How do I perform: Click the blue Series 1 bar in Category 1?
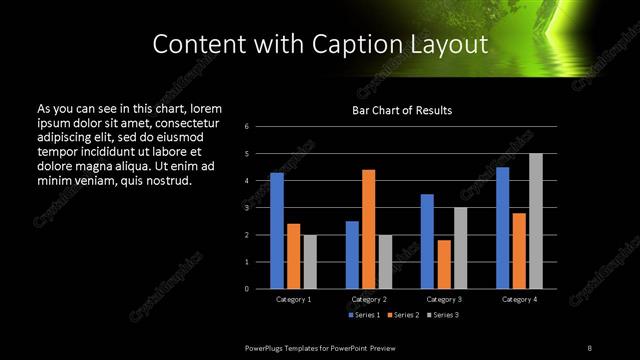tap(277, 231)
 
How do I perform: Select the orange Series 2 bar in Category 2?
tap(368, 229)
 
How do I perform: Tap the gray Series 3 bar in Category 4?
tap(535, 221)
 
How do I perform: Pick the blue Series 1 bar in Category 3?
tap(427, 241)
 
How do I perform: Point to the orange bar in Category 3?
tap(443, 264)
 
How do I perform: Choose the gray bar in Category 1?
tap(309, 261)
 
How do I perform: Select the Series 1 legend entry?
tap(364, 315)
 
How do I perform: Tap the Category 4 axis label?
tap(519, 299)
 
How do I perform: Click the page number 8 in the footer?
tap(589, 346)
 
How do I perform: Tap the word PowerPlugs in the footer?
tap(266, 346)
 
